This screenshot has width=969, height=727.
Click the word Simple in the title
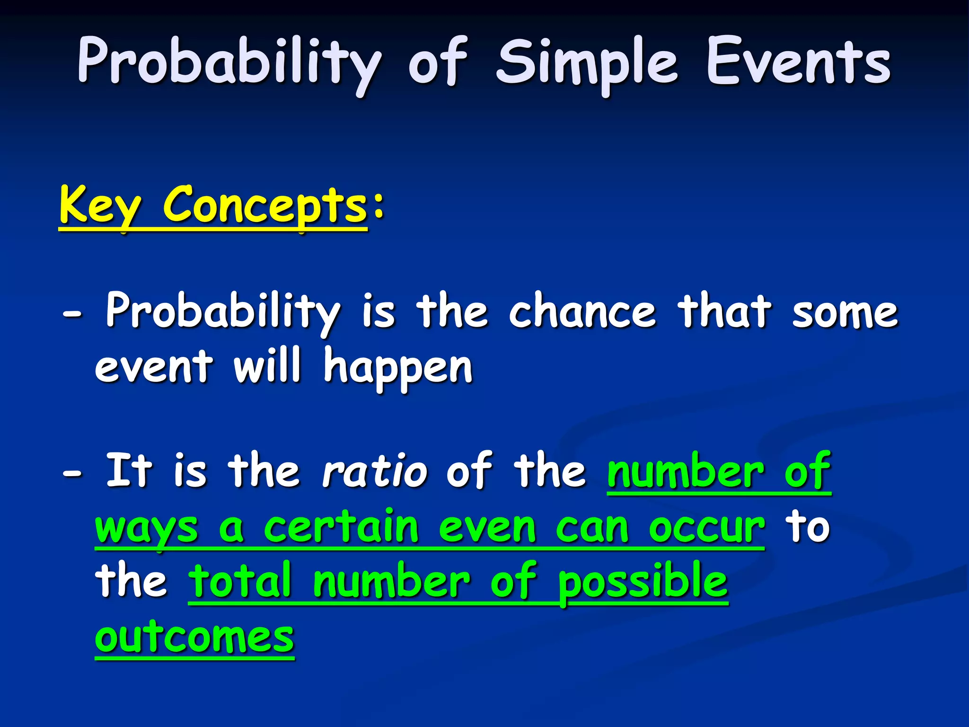click(587, 64)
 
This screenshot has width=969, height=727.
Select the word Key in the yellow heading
click(100, 205)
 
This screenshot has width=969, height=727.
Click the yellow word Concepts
click(265, 205)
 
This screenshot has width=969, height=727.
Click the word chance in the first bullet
click(582, 311)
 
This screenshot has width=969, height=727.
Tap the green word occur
click(706, 528)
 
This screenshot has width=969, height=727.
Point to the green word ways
click(146, 529)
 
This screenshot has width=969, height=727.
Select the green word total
click(240, 581)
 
